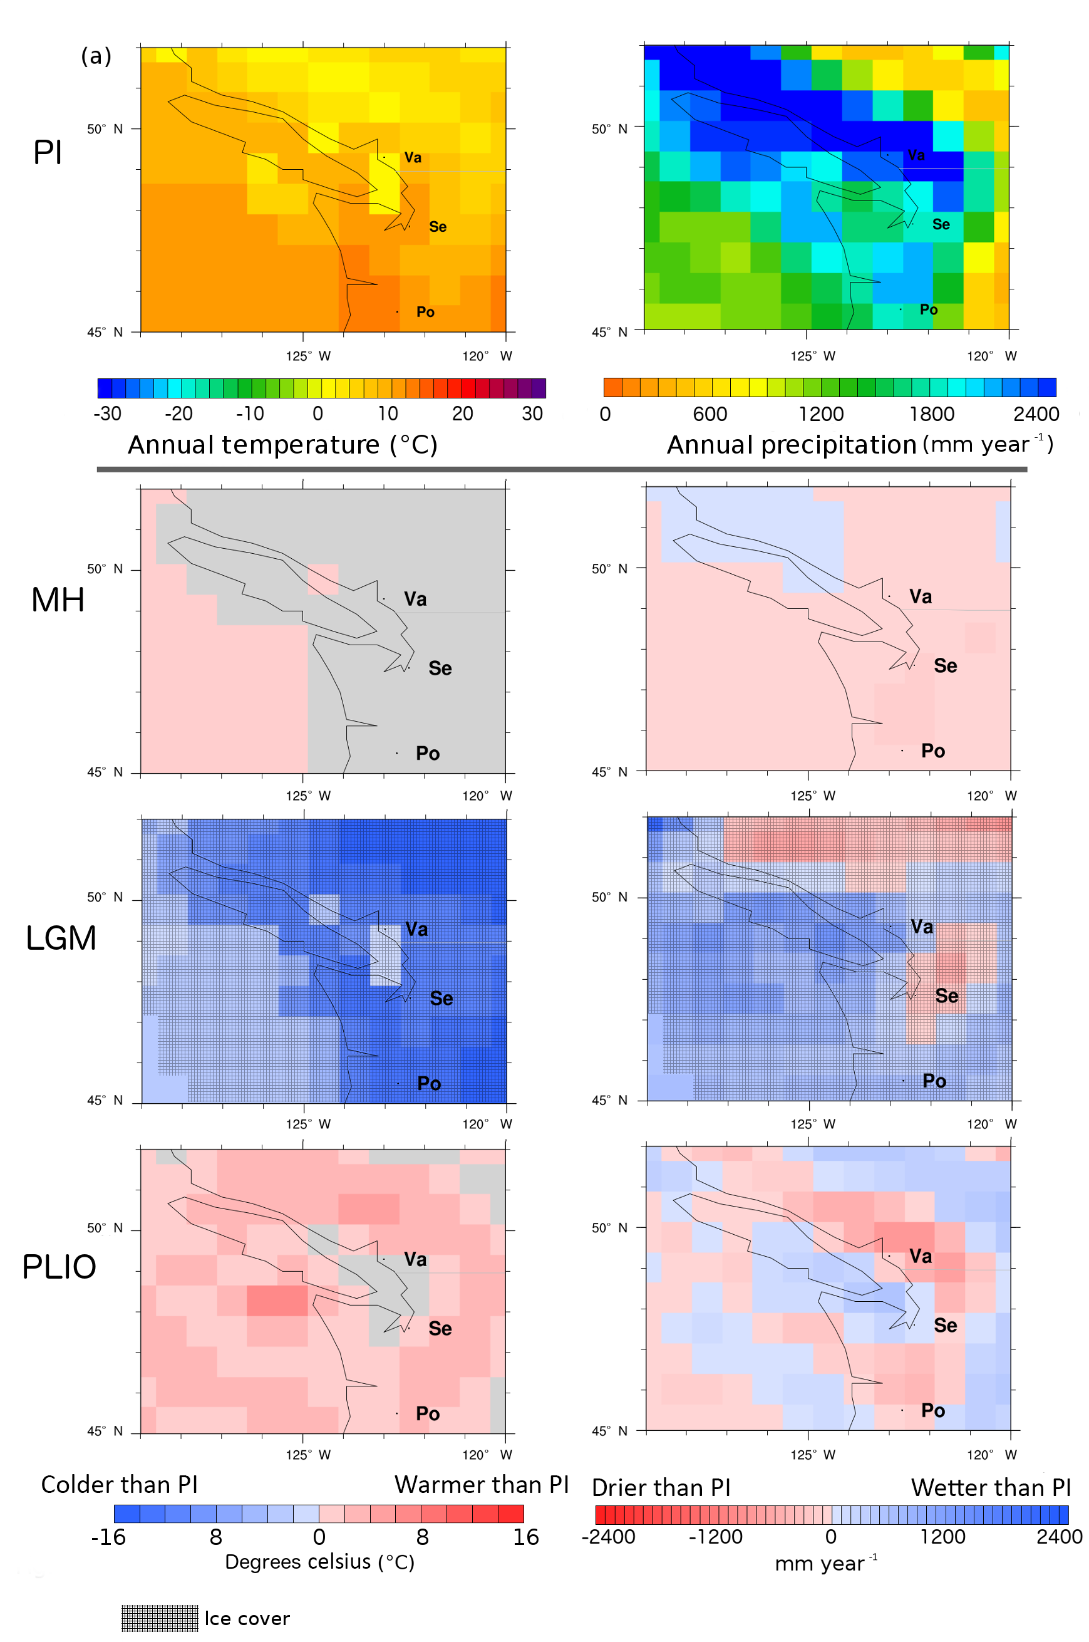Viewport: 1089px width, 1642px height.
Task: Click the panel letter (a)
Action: [x=96, y=56]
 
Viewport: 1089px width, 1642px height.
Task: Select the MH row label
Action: [x=58, y=600]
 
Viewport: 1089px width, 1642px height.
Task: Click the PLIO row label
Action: [x=59, y=1266]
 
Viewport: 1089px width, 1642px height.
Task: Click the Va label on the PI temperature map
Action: [x=413, y=158]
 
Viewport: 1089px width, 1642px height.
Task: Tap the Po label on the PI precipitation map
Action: [x=929, y=309]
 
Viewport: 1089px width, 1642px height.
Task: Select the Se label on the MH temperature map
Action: [x=440, y=668]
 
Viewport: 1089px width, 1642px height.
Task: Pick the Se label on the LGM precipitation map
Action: [x=946, y=996]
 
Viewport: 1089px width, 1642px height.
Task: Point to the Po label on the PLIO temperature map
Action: [x=427, y=1413]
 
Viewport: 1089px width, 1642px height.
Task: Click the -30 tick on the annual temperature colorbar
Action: [x=107, y=414]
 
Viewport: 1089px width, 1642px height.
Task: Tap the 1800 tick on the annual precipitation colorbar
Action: [x=931, y=414]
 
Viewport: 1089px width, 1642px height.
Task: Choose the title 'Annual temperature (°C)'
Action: [x=282, y=445]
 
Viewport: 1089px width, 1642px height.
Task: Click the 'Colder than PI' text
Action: [x=120, y=1485]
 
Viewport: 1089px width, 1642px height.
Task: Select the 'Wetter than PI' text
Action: [x=991, y=1487]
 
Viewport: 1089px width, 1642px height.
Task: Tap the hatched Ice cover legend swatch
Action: [x=160, y=1618]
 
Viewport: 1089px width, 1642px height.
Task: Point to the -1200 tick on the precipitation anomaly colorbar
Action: [x=715, y=1536]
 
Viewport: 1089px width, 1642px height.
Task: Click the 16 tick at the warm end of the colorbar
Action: [x=526, y=1537]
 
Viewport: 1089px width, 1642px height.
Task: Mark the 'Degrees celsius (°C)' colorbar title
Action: [x=319, y=1562]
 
